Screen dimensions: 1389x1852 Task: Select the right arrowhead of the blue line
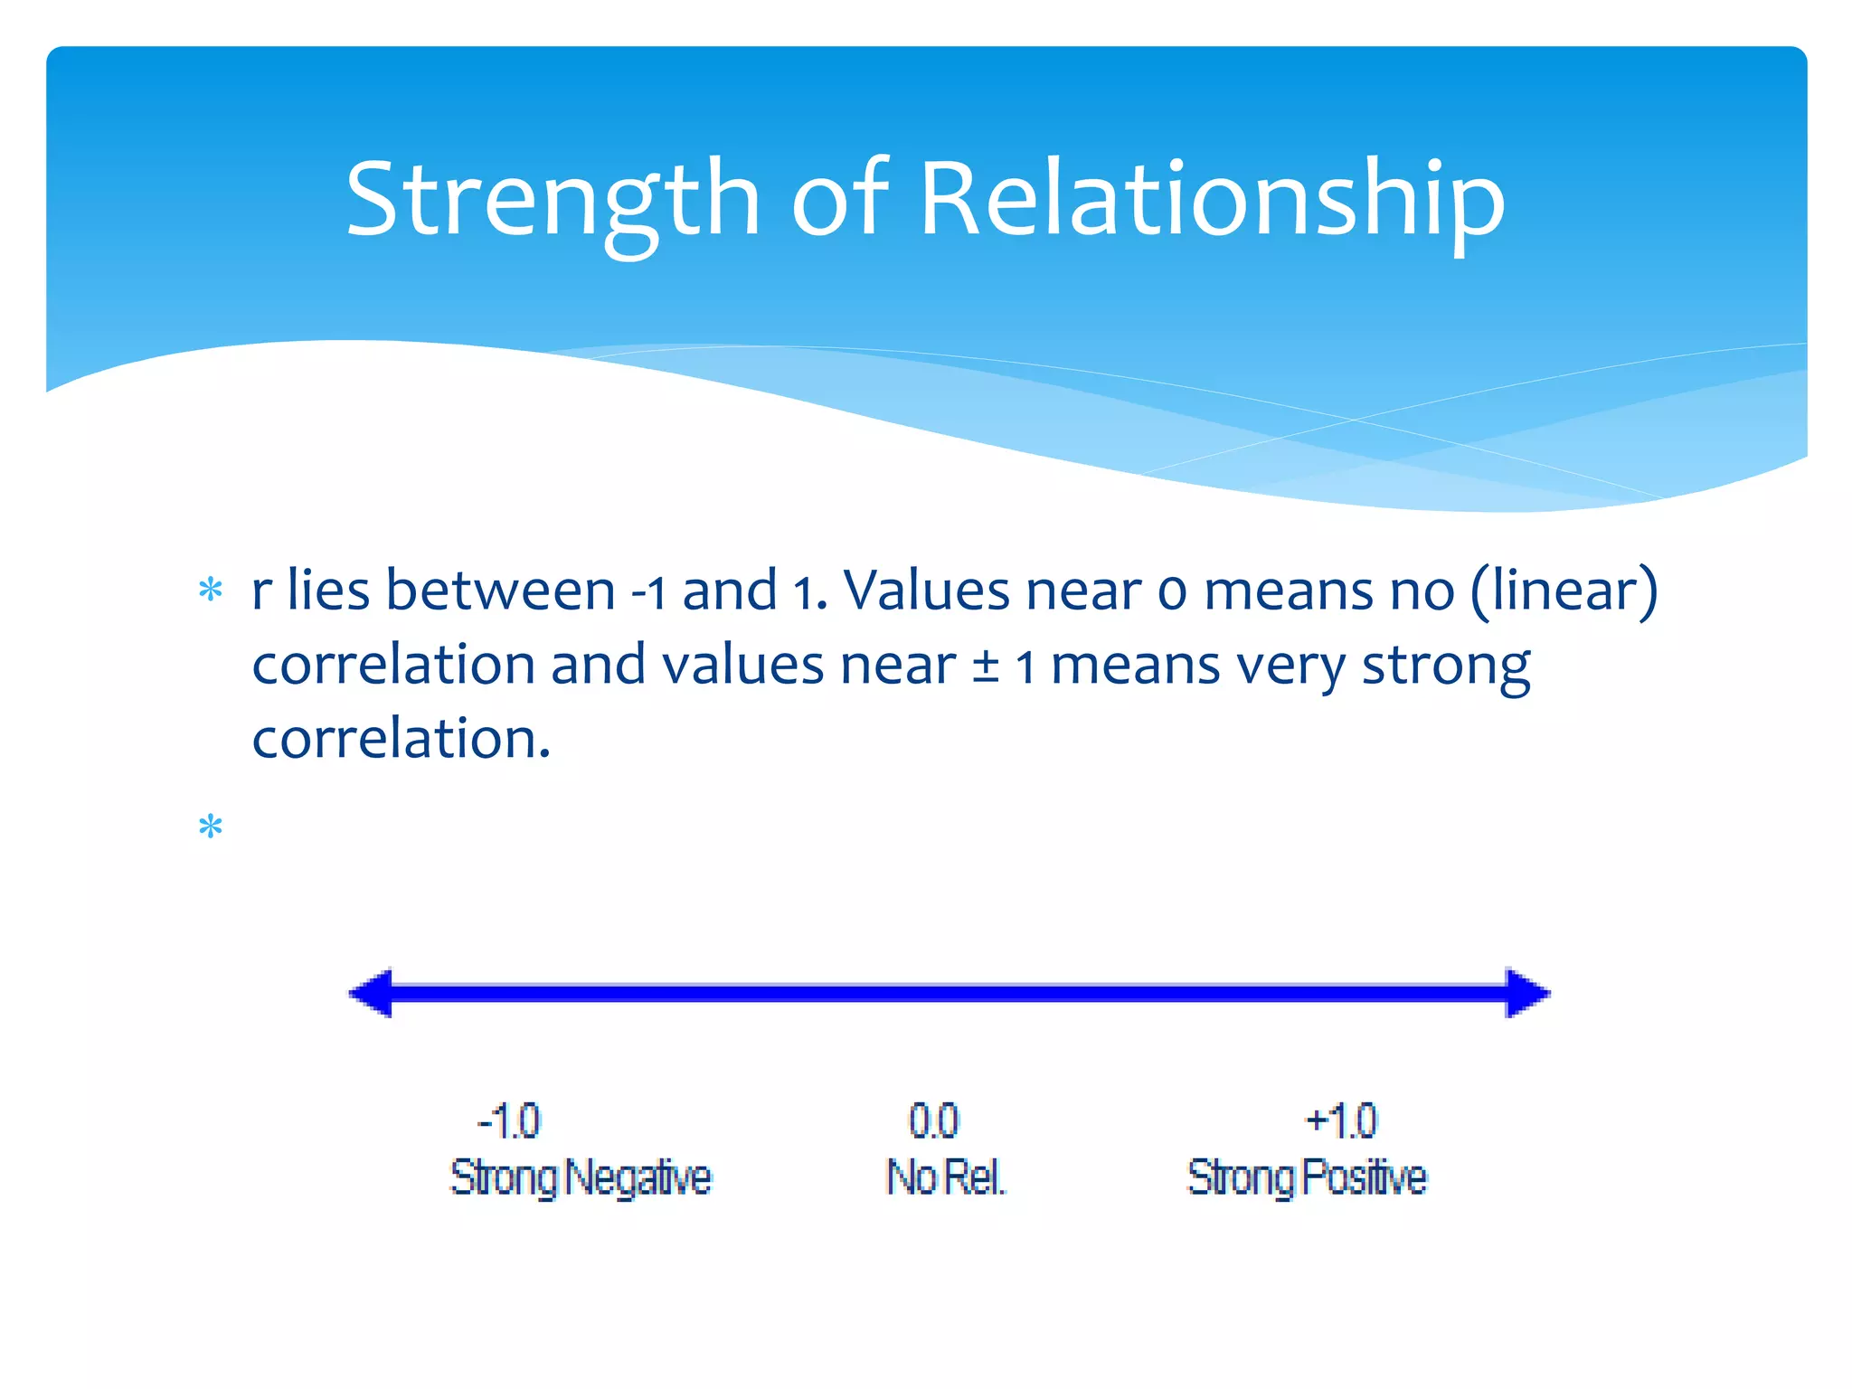tap(1526, 993)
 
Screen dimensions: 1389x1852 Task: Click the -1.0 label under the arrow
tap(508, 1121)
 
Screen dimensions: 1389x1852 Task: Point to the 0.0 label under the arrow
tap(933, 1121)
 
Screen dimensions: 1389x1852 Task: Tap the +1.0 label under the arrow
tap(1341, 1121)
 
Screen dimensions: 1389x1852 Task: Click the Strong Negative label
tap(581, 1177)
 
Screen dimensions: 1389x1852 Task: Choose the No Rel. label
tap(946, 1177)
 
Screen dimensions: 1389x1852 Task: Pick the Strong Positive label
tap(1307, 1177)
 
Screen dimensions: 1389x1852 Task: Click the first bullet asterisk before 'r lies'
tap(211, 591)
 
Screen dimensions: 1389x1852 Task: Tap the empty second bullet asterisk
tap(211, 827)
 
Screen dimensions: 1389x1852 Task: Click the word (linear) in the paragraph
tap(1564, 591)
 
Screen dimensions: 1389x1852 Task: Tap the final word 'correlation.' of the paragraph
tap(401, 739)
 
